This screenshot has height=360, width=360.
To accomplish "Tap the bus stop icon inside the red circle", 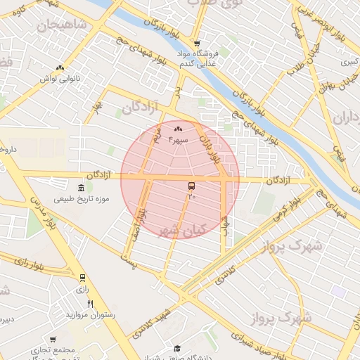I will tap(192, 186).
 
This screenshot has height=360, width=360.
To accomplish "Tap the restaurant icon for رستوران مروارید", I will tap(89, 304).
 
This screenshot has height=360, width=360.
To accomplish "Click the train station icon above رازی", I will tap(83, 278).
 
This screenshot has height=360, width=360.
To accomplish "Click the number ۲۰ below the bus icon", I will tap(191, 197).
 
